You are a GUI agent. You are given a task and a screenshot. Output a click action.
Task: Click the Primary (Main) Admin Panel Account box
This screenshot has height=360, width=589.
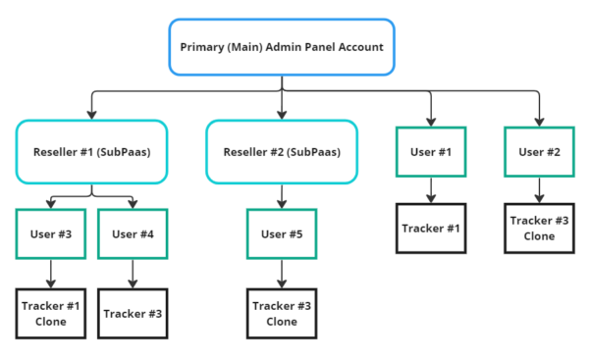coord(282,47)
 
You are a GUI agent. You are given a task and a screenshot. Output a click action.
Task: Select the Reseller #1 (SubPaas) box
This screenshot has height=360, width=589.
coord(91,152)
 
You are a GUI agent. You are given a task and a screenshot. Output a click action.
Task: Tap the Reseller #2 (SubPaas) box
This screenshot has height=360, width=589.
coord(282,152)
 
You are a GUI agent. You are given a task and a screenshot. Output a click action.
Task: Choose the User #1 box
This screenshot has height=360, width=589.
coord(431,152)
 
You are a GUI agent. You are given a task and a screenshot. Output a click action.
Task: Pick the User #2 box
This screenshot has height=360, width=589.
coord(538,152)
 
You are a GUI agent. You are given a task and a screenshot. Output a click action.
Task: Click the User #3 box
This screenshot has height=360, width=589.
coord(50,233)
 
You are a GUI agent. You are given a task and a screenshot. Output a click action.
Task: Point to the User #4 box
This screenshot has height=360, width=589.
coord(133,233)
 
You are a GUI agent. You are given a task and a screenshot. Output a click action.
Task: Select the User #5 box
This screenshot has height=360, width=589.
coord(282,233)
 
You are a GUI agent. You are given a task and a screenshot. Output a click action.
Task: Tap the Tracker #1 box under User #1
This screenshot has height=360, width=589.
coord(431,228)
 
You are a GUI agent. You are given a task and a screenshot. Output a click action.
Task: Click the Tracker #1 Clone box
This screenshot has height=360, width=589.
coord(50,314)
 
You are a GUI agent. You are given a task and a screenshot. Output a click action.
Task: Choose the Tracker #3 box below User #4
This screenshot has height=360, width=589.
coord(133,314)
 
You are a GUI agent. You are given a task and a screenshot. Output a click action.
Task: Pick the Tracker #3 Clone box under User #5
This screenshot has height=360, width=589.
coord(282,314)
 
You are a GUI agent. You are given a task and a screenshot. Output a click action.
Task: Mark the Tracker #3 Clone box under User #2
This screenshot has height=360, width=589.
coord(538,228)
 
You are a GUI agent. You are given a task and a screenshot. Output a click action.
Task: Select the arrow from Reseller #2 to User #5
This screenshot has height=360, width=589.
coord(282,196)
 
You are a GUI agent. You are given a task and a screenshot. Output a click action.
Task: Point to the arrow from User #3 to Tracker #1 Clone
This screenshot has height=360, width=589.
coord(50,274)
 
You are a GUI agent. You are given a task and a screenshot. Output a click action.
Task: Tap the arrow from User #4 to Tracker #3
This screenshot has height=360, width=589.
coord(133,274)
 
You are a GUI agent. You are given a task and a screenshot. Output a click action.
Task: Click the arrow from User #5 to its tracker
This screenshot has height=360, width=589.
coord(282,274)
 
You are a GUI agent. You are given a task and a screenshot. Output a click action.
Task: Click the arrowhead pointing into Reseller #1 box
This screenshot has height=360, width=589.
coord(91,114)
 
